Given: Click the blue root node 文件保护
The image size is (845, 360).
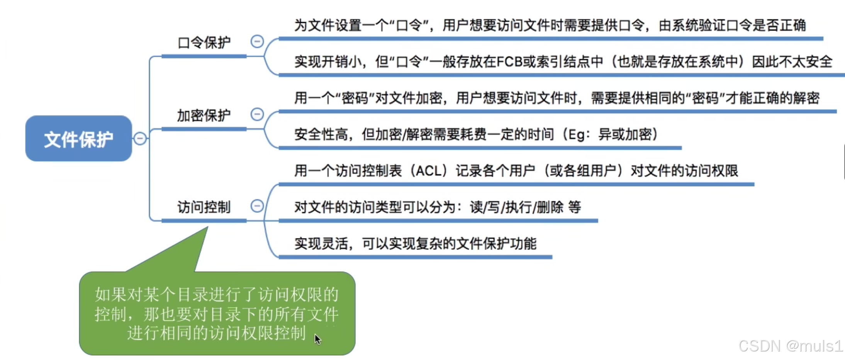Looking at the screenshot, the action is pyautogui.click(x=79, y=138).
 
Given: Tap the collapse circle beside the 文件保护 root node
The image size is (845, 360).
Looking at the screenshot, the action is pyautogui.click(x=140, y=138).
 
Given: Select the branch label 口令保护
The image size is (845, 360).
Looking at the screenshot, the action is pyautogui.click(x=204, y=42).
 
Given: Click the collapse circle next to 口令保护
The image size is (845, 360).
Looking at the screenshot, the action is pyautogui.click(x=257, y=41).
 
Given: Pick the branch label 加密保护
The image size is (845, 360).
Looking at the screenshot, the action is pyautogui.click(x=204, y=115).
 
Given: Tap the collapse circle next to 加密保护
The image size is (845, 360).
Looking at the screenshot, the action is pyautogui.click(x=257, y=114).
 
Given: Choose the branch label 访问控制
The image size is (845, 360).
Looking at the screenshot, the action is pyautogui.click(x=204, y=207).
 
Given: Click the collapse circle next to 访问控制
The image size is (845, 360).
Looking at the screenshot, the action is pyautogui.click(x=257, y=206).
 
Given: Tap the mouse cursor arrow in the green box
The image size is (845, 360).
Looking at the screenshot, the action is pyautogui.click(x=317, y=340).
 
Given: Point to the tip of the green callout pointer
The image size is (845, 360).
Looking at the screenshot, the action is pyautogui.click(x=208, y=227).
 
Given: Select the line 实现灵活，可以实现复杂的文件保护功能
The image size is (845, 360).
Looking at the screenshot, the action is pyautogui.click(x=416, y=244).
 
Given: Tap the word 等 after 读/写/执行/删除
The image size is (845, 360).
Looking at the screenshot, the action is pyautogui.click(x=575, y=207).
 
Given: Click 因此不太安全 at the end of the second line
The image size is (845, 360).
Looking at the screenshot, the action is pyautogui.click(x=792, y=62).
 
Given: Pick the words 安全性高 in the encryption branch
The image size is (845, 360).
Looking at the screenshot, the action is pyautogui.click(x=321, y=134).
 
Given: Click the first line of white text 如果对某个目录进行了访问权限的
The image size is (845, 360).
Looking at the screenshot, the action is pyautogui.click(x=217, y=295).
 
